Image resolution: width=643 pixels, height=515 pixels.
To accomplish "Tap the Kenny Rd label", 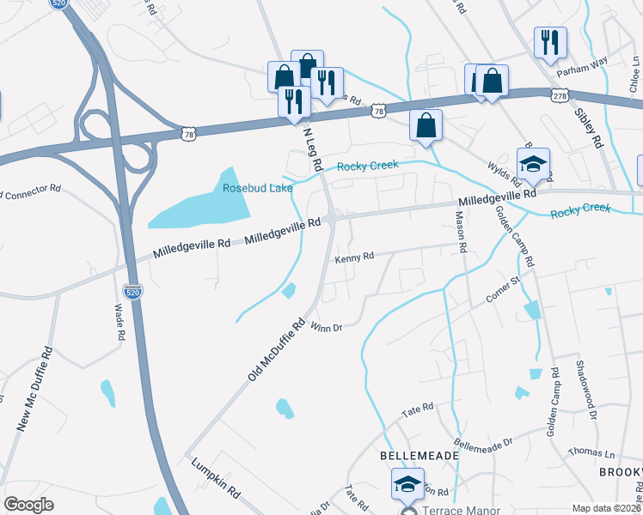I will pos(354,257).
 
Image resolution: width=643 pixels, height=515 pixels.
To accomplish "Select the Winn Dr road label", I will pos(327,327).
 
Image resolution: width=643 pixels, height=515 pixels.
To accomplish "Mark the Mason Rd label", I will pos(462,233).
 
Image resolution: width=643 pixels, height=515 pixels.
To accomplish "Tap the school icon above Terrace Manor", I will pos(407,483).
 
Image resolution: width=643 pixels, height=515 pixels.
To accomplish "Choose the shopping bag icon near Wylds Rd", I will pos(426,125).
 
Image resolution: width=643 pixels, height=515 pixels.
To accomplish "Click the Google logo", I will pos(29,504).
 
